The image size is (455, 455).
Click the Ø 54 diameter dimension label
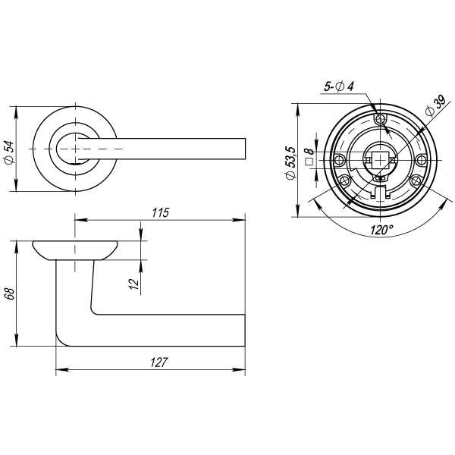(8, 151)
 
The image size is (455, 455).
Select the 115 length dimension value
(158, 212)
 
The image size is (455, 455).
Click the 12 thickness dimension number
(133, 284)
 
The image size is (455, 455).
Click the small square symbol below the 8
(309, 161)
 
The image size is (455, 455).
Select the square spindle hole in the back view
(381, 159)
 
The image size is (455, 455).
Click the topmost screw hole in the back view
(381, 119)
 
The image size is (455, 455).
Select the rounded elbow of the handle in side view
(65, 337)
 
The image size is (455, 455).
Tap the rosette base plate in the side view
(74, 250)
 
